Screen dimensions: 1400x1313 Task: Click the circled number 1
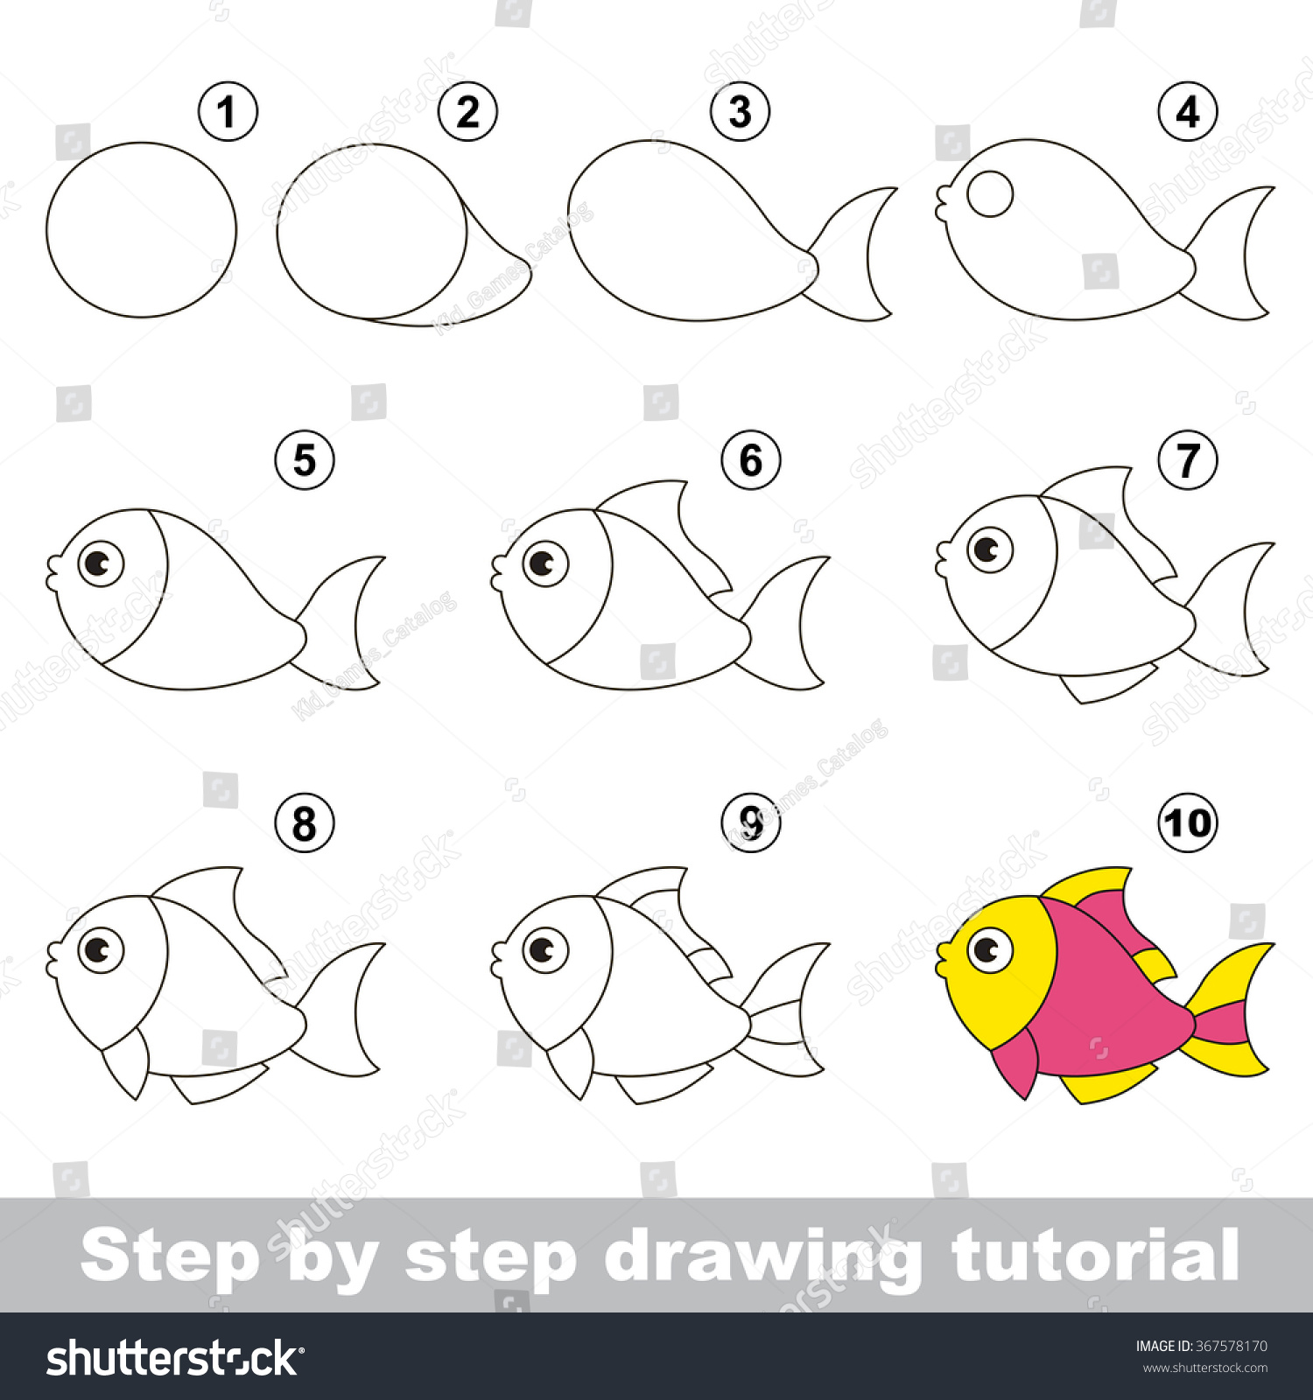click(x=228, y=112)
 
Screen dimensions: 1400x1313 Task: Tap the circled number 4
click(x=1187, y=112)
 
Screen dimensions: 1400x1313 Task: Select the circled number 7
click(x=1187, y=460)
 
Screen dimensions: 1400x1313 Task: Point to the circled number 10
click(x=1187, y=822)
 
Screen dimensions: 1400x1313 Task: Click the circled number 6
click(x=751, y=460)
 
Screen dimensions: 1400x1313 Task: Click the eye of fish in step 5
click(x=101, y=563)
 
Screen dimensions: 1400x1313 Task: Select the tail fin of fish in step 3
click(x=853, y=254)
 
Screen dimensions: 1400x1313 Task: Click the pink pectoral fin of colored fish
click(x=1020, y=1063)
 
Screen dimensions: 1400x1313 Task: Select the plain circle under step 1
click(x=141, y=229)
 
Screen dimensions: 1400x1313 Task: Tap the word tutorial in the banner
click(x=1094, y=1256)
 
